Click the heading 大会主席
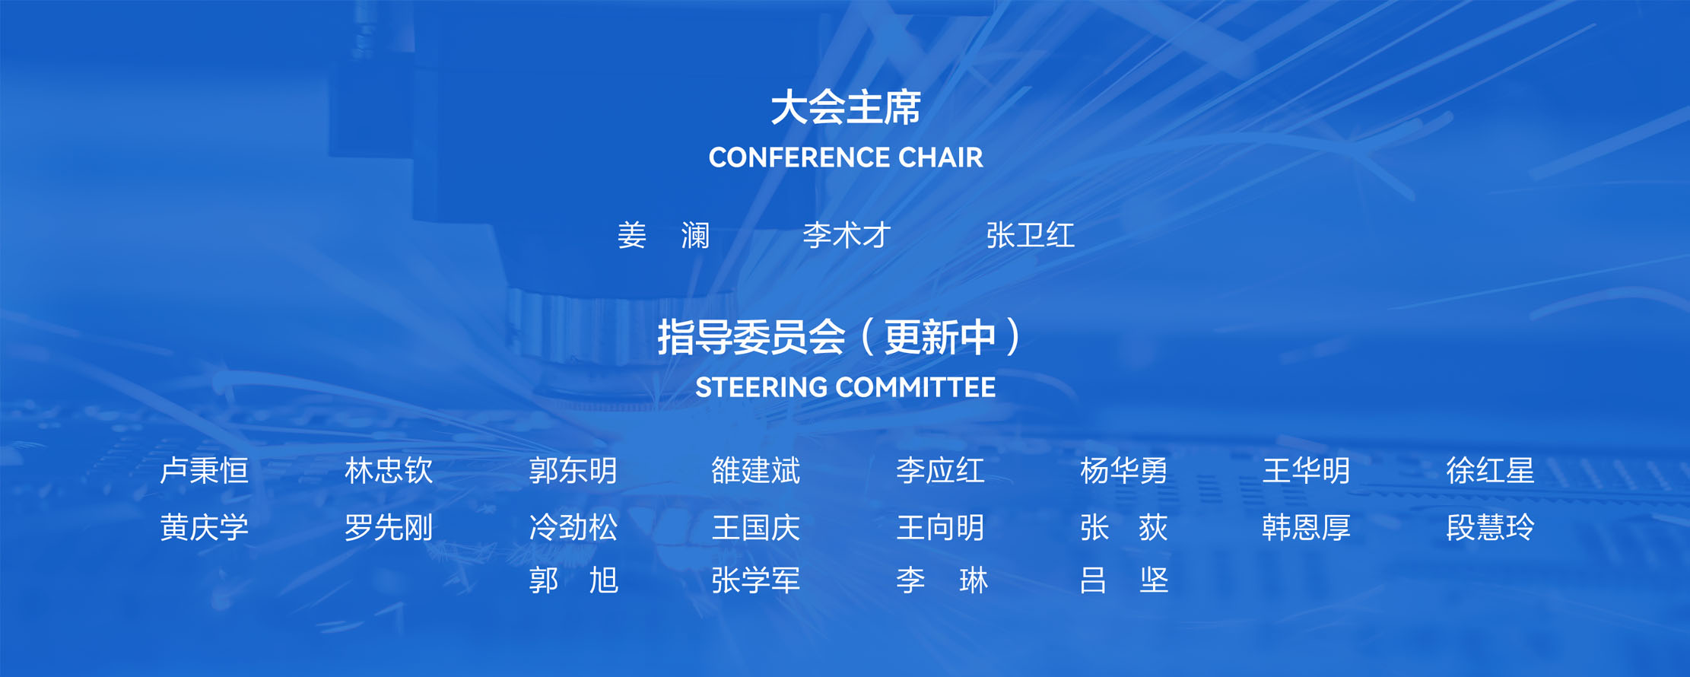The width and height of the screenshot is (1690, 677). point(846,107)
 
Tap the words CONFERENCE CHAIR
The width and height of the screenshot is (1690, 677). point(846,157)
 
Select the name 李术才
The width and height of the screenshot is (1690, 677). point(847,235)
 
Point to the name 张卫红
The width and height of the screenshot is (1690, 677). point(1030,235)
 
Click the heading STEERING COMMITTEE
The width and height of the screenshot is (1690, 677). point(846,387)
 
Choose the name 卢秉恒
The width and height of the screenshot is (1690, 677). point(205,471)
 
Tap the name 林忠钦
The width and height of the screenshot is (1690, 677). point(389,471)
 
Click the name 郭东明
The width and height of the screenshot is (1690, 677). point(573,471)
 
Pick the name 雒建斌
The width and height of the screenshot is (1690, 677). point(756,471)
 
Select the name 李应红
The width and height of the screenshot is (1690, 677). point(940,471)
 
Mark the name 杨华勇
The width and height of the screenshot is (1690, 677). point(1123,471)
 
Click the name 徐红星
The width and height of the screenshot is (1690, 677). point(1490,471)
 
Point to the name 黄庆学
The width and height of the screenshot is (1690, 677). point(205,527)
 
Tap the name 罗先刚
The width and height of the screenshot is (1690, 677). point(389,527)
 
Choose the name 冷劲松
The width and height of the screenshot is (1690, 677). point(573,527)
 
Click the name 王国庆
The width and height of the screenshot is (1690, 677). point(756,527)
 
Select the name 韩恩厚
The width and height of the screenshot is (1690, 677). point(1306,527)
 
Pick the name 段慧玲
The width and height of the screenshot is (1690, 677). point(1490,527)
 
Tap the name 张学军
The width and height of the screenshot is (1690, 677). point(756,580)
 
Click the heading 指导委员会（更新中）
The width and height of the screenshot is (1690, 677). point(840,337)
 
